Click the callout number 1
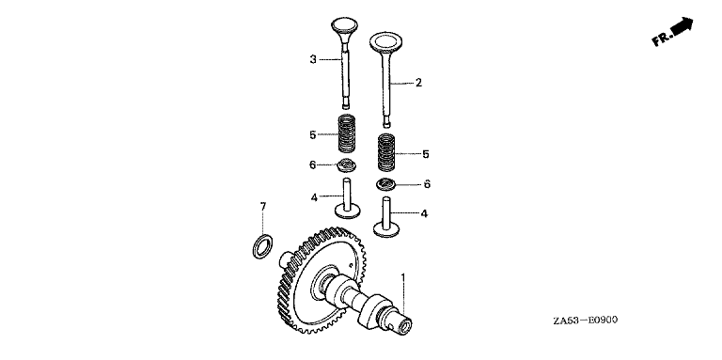click(403, 278)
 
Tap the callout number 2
click(418, 83)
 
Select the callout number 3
click(313, 59)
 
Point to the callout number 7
click(263, 207)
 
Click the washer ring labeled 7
click(263, 246)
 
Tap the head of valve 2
click(385, 41)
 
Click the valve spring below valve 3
click(347, 133)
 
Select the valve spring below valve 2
click(386, 152)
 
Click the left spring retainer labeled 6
click(346, 164)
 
